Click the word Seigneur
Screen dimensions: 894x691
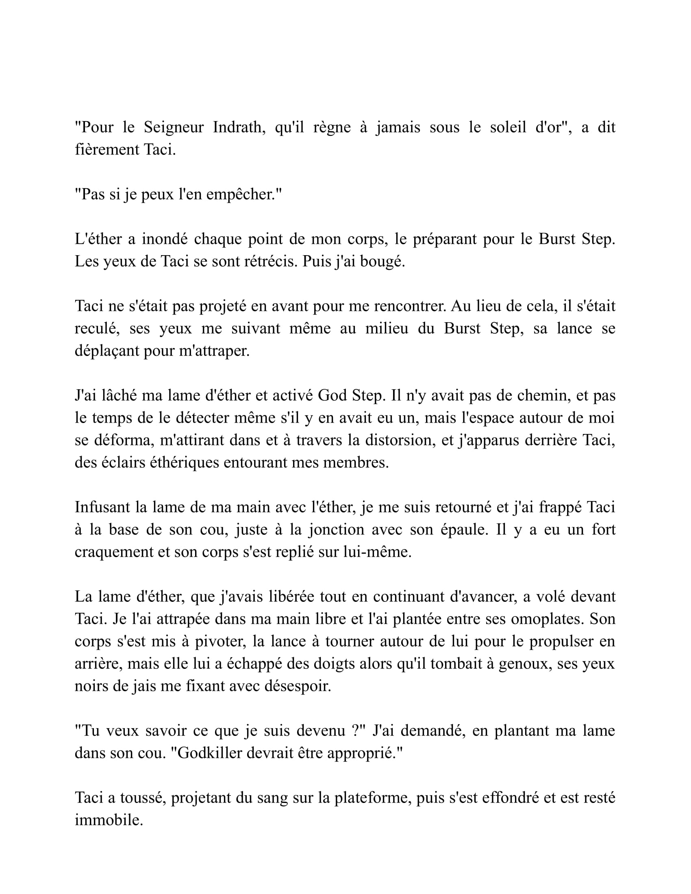(x=173, y=128)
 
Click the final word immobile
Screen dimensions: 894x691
(x=109, y=820)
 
